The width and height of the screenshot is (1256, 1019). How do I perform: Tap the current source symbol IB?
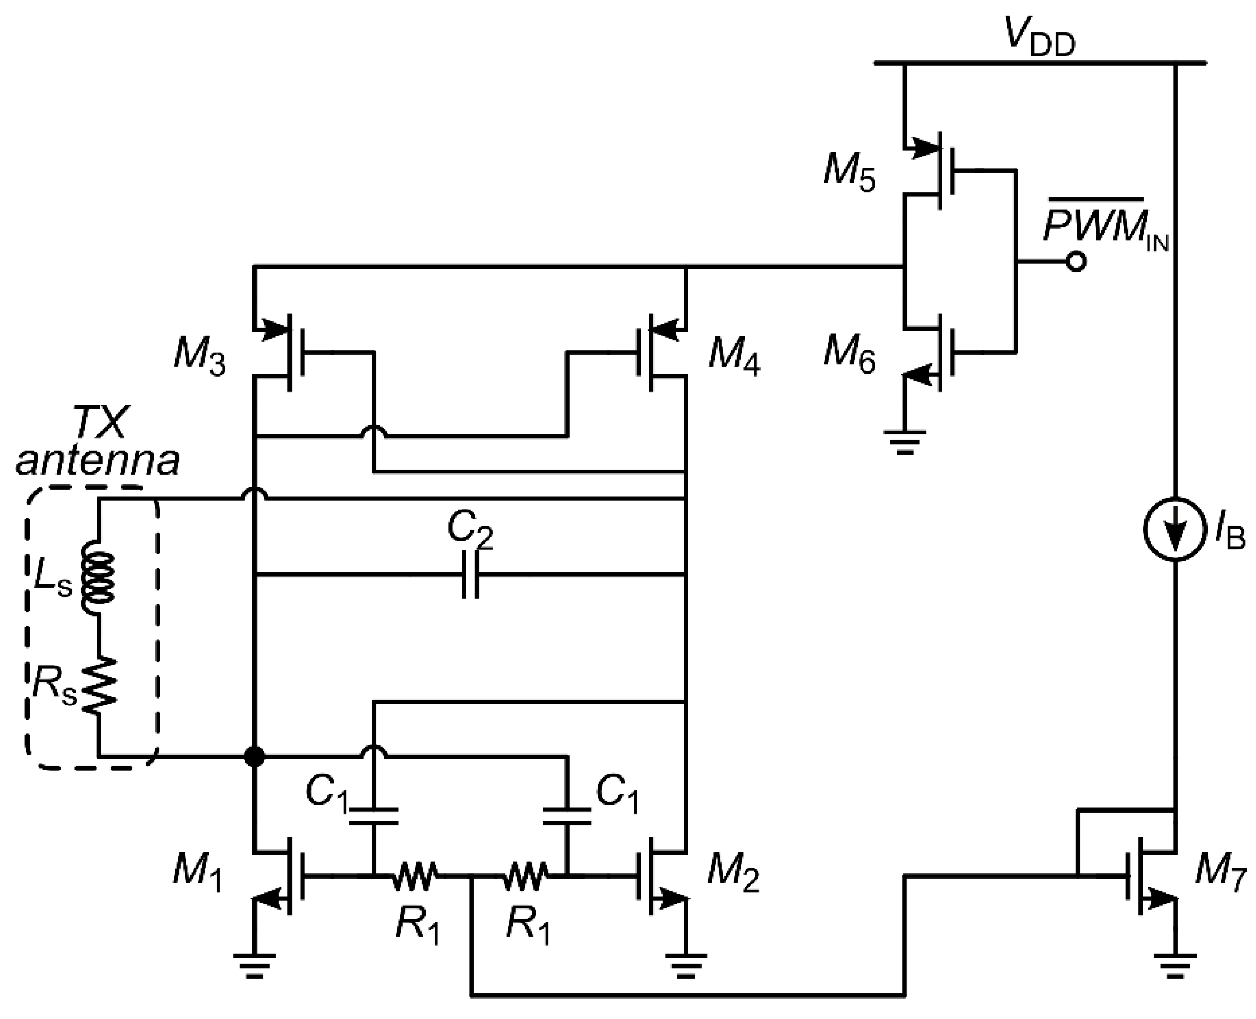pyautogui.click(x=1175, y=529)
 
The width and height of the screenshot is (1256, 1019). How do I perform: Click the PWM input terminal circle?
pyautogui.click(x=1076, y=262)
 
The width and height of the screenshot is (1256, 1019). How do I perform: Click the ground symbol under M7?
pyautogui.click(x=1175, y=975)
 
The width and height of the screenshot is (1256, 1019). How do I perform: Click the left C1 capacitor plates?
pyautogui.click(x=373, y=816)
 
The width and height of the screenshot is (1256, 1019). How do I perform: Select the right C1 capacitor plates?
pyautogui.click(x=567, y=816)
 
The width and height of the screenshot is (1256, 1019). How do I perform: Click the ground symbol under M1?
pyautogui.click(x=254, y=975)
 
